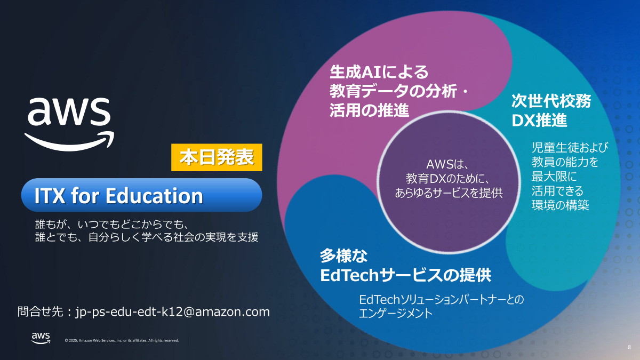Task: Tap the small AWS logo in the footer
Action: coord(41,338)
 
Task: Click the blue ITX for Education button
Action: coord(141,196)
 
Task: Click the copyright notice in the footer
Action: coord(122,340)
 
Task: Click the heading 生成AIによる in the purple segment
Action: coord(379,71)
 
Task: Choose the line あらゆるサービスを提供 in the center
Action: coord(448,192)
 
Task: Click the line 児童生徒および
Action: coord(570,147)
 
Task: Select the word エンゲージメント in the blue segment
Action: coord(396,314)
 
